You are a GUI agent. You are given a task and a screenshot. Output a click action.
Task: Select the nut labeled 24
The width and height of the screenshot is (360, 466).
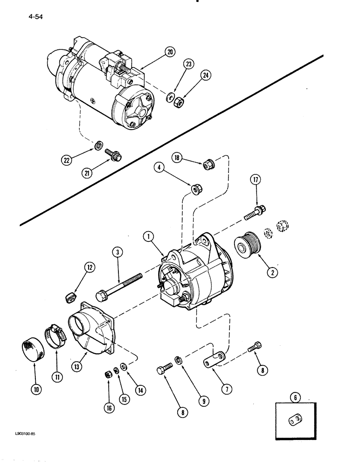coord(178,100)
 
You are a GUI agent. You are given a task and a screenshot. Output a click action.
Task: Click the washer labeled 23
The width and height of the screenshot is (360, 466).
coord(170,97)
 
